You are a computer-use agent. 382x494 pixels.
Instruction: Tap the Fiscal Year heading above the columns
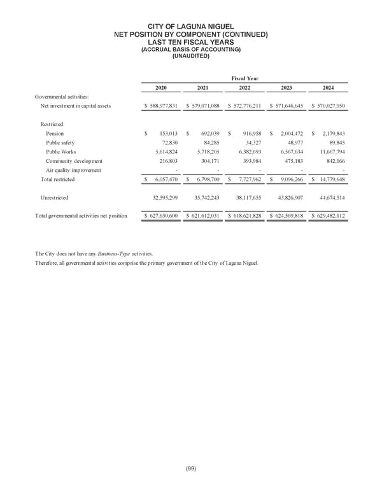[x=245, y=78]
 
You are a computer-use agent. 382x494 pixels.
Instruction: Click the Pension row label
[x=55, y=133]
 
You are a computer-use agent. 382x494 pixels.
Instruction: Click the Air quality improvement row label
[x=73, y=170]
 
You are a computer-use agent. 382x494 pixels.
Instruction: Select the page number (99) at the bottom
[x=191, y=469]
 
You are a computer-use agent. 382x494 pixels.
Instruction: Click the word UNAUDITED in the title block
[x=191, y=55]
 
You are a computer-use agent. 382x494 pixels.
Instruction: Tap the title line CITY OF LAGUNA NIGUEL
[x=191, y=26]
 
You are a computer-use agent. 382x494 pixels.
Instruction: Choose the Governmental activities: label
[x=62, y=96]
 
